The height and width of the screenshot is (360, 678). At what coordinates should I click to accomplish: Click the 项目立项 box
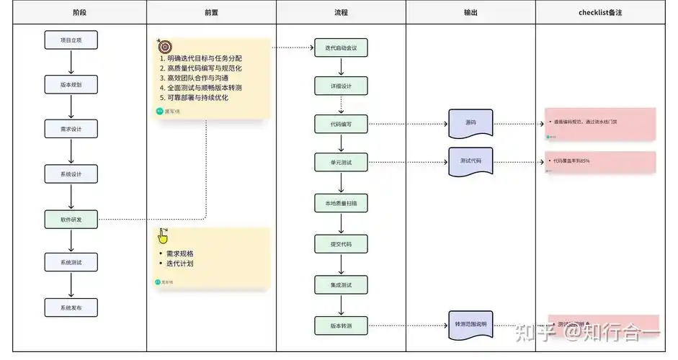pos(71,40)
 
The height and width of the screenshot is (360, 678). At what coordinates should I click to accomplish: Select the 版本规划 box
pos(71,84)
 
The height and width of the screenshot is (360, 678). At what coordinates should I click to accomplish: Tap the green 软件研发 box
pos(71,219)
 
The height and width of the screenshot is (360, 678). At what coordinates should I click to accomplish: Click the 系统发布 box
pos(71,307)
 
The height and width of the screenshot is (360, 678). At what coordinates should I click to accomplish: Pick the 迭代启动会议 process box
pos(341,48)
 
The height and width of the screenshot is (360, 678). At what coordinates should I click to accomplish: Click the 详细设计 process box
pos(341,86)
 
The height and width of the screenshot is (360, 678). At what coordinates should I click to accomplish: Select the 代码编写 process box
pos(341,124)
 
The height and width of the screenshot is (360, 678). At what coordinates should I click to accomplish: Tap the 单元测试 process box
pos(341,162)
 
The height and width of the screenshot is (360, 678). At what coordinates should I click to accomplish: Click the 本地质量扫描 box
pos(341,204)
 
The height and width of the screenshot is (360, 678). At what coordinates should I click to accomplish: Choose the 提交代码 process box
pos(341,244)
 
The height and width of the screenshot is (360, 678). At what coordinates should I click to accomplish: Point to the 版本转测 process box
pos(341,325)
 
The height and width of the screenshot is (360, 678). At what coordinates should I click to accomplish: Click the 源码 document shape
pos(470,124)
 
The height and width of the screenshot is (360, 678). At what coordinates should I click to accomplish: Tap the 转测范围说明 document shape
pos(470,325)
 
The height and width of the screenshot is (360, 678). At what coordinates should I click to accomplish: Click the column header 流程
pos(341,12)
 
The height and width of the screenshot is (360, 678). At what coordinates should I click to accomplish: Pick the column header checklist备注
pos(600,12)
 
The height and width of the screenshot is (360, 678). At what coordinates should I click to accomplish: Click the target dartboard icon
pos(164,45)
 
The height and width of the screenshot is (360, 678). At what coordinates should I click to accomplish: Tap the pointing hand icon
pos(164,236)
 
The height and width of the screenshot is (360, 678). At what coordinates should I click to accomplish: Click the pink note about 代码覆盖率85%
pos(601,162)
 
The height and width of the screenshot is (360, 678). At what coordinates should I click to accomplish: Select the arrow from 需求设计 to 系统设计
pos(71,151)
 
